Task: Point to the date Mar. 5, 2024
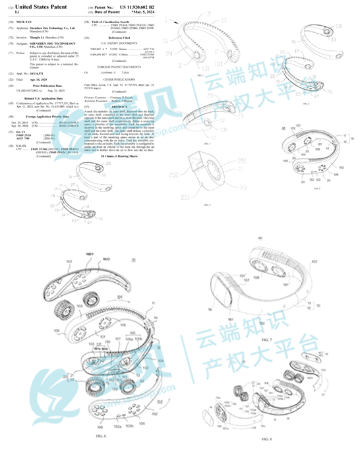(138, 12)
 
